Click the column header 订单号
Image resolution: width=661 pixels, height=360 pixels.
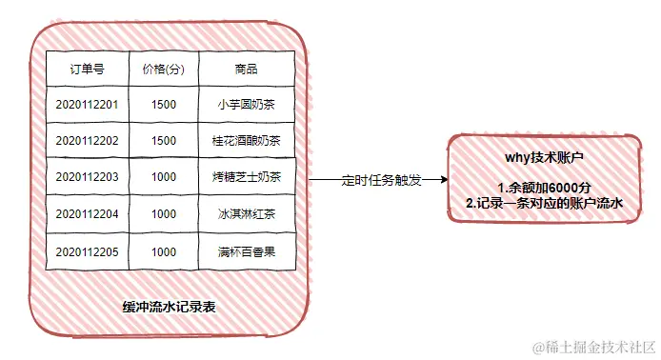point(87,70)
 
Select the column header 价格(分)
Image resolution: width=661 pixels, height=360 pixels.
point(164,70)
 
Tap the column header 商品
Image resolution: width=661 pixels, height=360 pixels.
point(246,70)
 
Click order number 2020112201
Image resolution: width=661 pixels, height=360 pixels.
point(87,104)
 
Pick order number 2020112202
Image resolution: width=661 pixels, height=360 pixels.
point(87,140)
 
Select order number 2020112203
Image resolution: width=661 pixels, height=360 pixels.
point(87,177)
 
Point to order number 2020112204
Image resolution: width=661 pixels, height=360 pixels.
point(87,214)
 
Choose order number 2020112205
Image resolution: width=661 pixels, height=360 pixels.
point(87,251)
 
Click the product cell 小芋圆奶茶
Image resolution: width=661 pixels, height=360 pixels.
point(246,104)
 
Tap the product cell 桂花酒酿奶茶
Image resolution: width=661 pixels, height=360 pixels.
point(246,140)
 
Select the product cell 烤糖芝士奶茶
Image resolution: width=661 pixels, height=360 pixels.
point(246,177)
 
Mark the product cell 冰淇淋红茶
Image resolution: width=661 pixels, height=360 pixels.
point(246,214)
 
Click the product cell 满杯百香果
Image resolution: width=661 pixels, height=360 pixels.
point(246,251)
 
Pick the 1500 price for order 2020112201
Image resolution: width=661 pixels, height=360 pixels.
point(164,104)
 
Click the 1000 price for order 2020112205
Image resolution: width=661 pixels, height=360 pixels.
point(164,251)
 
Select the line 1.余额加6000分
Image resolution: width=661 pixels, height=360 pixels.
point(544,188)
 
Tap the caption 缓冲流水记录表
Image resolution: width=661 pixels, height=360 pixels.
point(168,307)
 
